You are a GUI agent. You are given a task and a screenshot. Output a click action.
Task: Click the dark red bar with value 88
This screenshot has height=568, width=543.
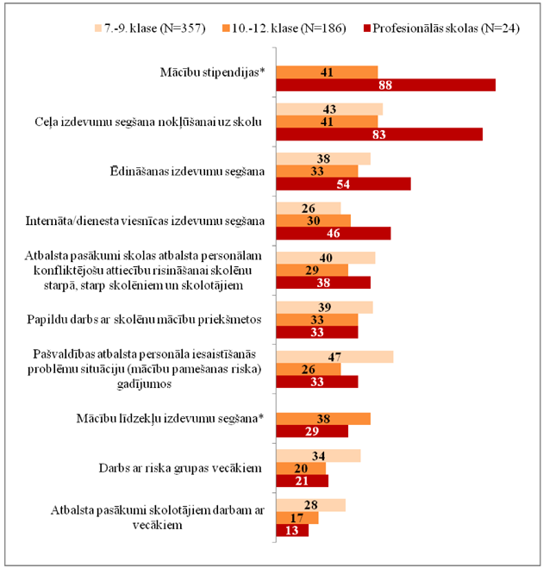pyautogui.click(x=384, y=84)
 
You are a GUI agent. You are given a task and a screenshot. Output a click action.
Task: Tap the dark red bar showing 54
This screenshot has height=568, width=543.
pyautogui.click(x=342, y=184)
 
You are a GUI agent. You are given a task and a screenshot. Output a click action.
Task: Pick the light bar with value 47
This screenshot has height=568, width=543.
pyautogui.click(x=334, y=357)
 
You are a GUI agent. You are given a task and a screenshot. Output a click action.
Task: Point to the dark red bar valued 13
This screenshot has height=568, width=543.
pyautogui.click(x=290, y=531)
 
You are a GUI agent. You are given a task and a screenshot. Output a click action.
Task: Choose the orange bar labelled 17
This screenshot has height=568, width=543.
pyautogui.click(x=296, y=518)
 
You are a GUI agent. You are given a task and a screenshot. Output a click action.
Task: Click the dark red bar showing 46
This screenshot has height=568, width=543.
pyautogui.click(x=332, y=234)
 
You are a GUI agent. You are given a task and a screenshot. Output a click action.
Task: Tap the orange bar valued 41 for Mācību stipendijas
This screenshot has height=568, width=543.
pyautogui.click(x=326, y=72)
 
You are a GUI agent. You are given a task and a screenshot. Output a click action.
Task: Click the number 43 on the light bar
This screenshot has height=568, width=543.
pyautogui.click(x=328, y=109)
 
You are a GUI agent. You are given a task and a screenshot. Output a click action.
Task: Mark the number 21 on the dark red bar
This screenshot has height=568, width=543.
pyautogui.click(x=301, y=481)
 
